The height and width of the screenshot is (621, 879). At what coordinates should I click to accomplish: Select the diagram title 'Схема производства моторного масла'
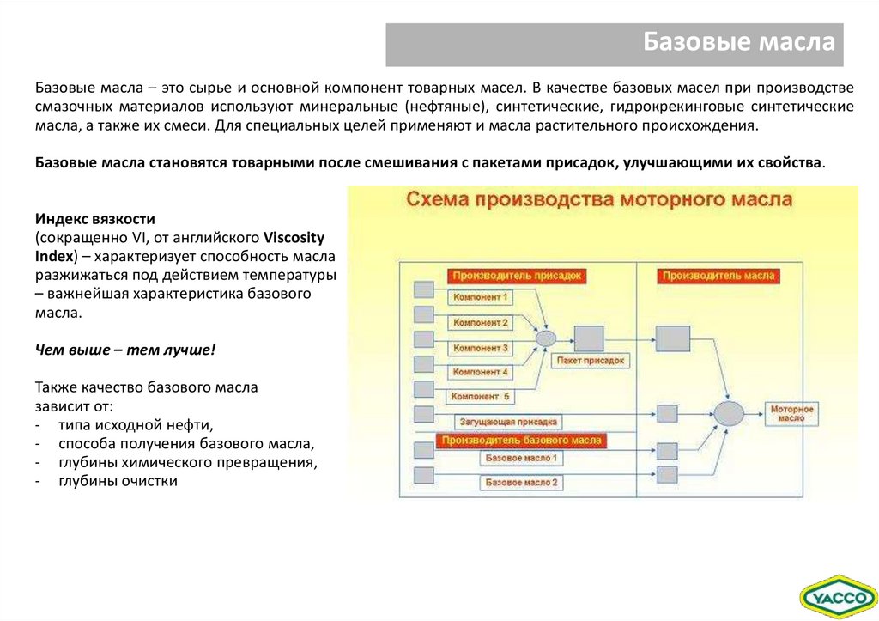[598, 201]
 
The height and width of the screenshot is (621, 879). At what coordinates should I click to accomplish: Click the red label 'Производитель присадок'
[515, 276]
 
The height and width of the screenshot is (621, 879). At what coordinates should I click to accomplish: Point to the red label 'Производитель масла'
[719, 276]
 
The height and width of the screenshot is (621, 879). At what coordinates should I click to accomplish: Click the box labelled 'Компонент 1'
[481, 297]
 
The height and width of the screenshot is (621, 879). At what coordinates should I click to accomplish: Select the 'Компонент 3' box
[481, 348]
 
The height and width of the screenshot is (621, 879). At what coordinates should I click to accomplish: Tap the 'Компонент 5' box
[481, 397]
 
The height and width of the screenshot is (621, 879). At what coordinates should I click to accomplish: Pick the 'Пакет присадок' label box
[591, 361]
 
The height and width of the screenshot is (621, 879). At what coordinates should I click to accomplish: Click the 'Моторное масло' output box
[791, 413]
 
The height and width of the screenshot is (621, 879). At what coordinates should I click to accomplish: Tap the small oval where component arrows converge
[546, 338]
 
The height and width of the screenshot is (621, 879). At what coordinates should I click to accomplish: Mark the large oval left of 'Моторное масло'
[730, 414]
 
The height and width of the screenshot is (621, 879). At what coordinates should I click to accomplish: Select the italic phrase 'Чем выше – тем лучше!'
[125, 350]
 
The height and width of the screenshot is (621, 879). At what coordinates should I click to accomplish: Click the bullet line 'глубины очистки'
[118, 481]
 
